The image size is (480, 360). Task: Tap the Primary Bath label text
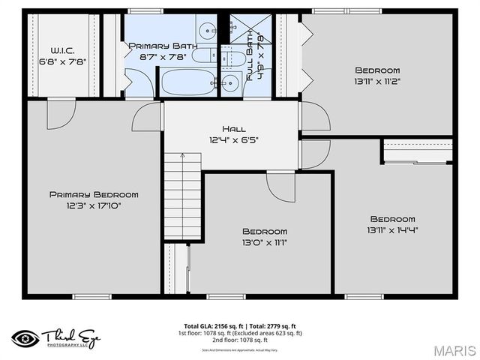click(163, 46)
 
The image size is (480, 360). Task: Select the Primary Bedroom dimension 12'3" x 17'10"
click(94, 205)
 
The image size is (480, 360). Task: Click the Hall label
click(233, 129)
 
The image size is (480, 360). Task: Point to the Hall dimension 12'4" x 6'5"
click(233, 139)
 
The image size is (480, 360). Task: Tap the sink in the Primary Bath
click(207, 31)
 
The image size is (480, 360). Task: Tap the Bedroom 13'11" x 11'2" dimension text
click(377, 81)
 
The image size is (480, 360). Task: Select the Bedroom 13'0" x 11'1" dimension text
click(264, 242)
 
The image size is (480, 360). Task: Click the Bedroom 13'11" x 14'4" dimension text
click(392, 230)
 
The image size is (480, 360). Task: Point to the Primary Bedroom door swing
click(60, 114)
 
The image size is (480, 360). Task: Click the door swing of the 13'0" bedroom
click(280, 186)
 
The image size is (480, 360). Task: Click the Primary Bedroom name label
click(94, 194)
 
